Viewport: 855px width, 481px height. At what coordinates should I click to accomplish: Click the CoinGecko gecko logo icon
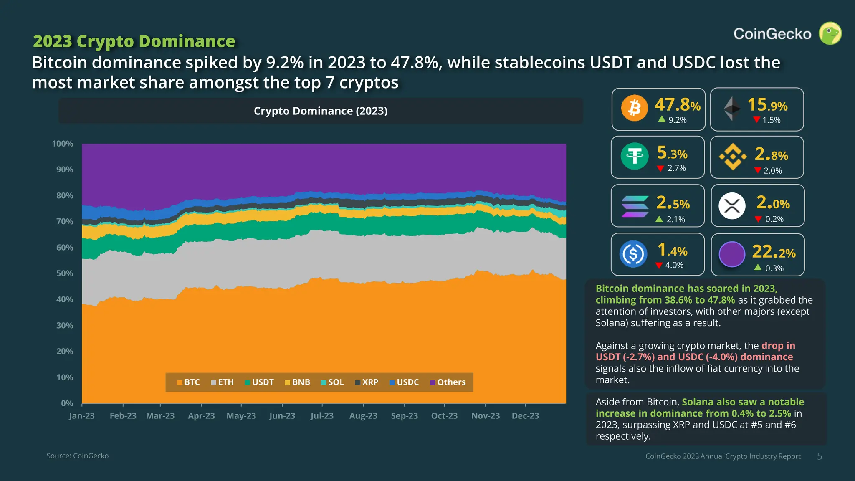tap(830, 33)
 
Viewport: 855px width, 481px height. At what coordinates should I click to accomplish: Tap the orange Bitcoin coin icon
tap(634, 108)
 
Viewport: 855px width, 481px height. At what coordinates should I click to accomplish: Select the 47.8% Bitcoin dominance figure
tap(677, 104)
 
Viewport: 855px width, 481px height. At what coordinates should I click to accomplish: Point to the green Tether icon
tap(635, 156)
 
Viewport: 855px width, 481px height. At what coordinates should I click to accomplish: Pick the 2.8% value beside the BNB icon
tap(771, 155)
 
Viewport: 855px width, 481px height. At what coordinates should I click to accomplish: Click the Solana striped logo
tap(635, 206)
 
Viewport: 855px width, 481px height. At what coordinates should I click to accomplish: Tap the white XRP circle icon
tap(732, 206)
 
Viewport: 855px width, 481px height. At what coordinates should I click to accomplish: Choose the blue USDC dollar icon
tap(633, 254)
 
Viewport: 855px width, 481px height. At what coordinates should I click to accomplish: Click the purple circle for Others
tap(732, 254)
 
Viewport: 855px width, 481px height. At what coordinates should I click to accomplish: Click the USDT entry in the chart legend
tap(259, 382)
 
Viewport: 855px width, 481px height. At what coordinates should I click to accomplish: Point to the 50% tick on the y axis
tap(65, 273)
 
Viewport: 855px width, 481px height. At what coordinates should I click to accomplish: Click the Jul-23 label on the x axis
tap(322, 416)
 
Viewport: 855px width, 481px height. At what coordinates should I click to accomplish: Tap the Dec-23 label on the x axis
tap(525, 416)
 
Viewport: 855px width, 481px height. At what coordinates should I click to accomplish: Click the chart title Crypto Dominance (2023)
tap(321, 111)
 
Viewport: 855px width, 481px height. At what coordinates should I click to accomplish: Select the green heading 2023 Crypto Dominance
tap(134, 41)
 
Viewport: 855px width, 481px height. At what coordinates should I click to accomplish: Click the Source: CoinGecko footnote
tap(78, 456)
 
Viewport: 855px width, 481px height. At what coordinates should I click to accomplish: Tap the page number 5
tap(820, 456)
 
